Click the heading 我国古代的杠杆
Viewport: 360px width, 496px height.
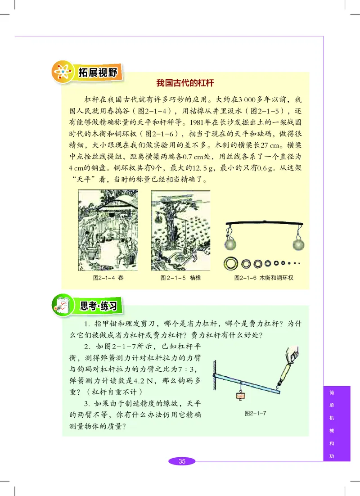point(184,83)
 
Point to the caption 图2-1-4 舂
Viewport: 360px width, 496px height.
point(108,278)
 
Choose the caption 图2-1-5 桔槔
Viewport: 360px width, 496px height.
point(180,278)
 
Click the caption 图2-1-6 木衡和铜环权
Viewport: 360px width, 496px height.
point(263,278)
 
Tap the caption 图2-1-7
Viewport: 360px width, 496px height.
point(255,413)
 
